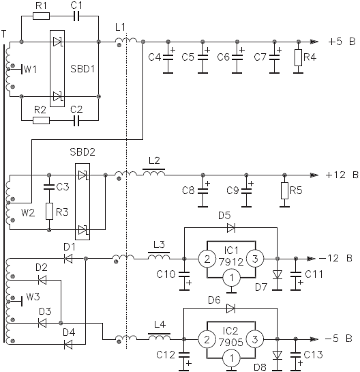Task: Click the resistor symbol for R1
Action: point(41,16)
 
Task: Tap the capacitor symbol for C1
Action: point(76,16)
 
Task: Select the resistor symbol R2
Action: point(41,120)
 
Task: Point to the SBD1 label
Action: point(82,69)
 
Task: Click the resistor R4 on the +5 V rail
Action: point(298,57)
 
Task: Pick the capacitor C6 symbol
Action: point(237,57)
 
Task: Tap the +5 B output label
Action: point(342,42)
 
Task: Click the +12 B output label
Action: point(342,175)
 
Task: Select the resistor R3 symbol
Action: point(49,211)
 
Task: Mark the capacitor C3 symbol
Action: point(49,187)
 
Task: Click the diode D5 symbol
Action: point(231,228)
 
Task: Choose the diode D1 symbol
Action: point(68,259)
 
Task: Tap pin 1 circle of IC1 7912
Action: point(232,278)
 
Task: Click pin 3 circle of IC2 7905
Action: point(255,339)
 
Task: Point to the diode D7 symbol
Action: point(277,275)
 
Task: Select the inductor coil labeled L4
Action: point(159,337)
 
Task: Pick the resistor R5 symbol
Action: point(284,190)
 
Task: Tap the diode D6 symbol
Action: point(230,309)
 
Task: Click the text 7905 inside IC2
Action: point(231,343)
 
